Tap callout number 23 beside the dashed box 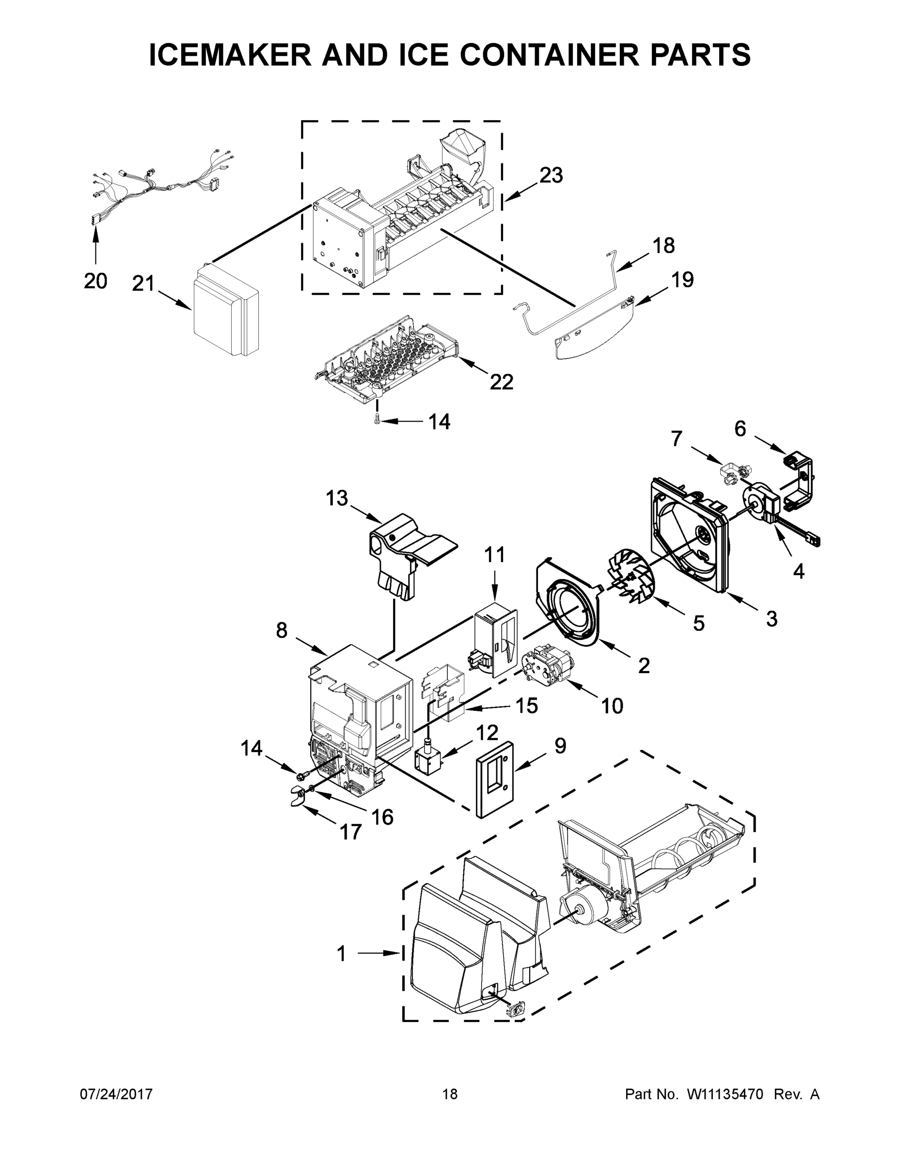[x=551, y=175]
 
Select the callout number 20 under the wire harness [x=95, y=281]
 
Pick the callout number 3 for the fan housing [x=771, y=619]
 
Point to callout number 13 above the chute [x=337, y=499]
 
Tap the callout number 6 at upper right [x=741, y=429]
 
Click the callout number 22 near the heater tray [x=501, y=382]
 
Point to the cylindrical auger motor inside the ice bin [x=583, y=910]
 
